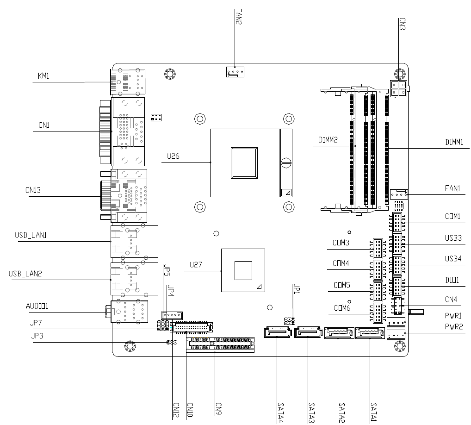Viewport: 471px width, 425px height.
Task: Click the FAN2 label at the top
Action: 238,17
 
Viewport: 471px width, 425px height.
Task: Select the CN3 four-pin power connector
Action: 399,89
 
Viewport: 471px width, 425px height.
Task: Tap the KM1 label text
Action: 43,76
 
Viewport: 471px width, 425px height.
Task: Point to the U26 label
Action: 173,156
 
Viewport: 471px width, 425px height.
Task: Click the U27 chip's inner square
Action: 243,270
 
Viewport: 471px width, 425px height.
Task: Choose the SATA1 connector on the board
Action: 370,333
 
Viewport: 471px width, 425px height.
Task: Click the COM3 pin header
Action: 378,248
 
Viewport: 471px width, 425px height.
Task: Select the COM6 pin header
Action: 378,313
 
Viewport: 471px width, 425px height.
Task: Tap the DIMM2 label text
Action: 328,140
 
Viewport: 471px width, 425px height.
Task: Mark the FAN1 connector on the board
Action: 399,194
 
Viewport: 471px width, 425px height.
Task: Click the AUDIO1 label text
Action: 37,306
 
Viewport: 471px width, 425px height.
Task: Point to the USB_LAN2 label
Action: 25,274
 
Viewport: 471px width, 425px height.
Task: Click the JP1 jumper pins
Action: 289,321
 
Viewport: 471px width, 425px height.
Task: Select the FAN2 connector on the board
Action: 235,72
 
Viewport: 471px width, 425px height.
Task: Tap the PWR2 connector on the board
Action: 396,335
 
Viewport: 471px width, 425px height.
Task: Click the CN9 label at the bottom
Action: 219,409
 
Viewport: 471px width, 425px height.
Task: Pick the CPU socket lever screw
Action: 286,162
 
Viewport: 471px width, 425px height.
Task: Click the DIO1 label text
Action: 452,280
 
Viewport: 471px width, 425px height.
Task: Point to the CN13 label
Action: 33,190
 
